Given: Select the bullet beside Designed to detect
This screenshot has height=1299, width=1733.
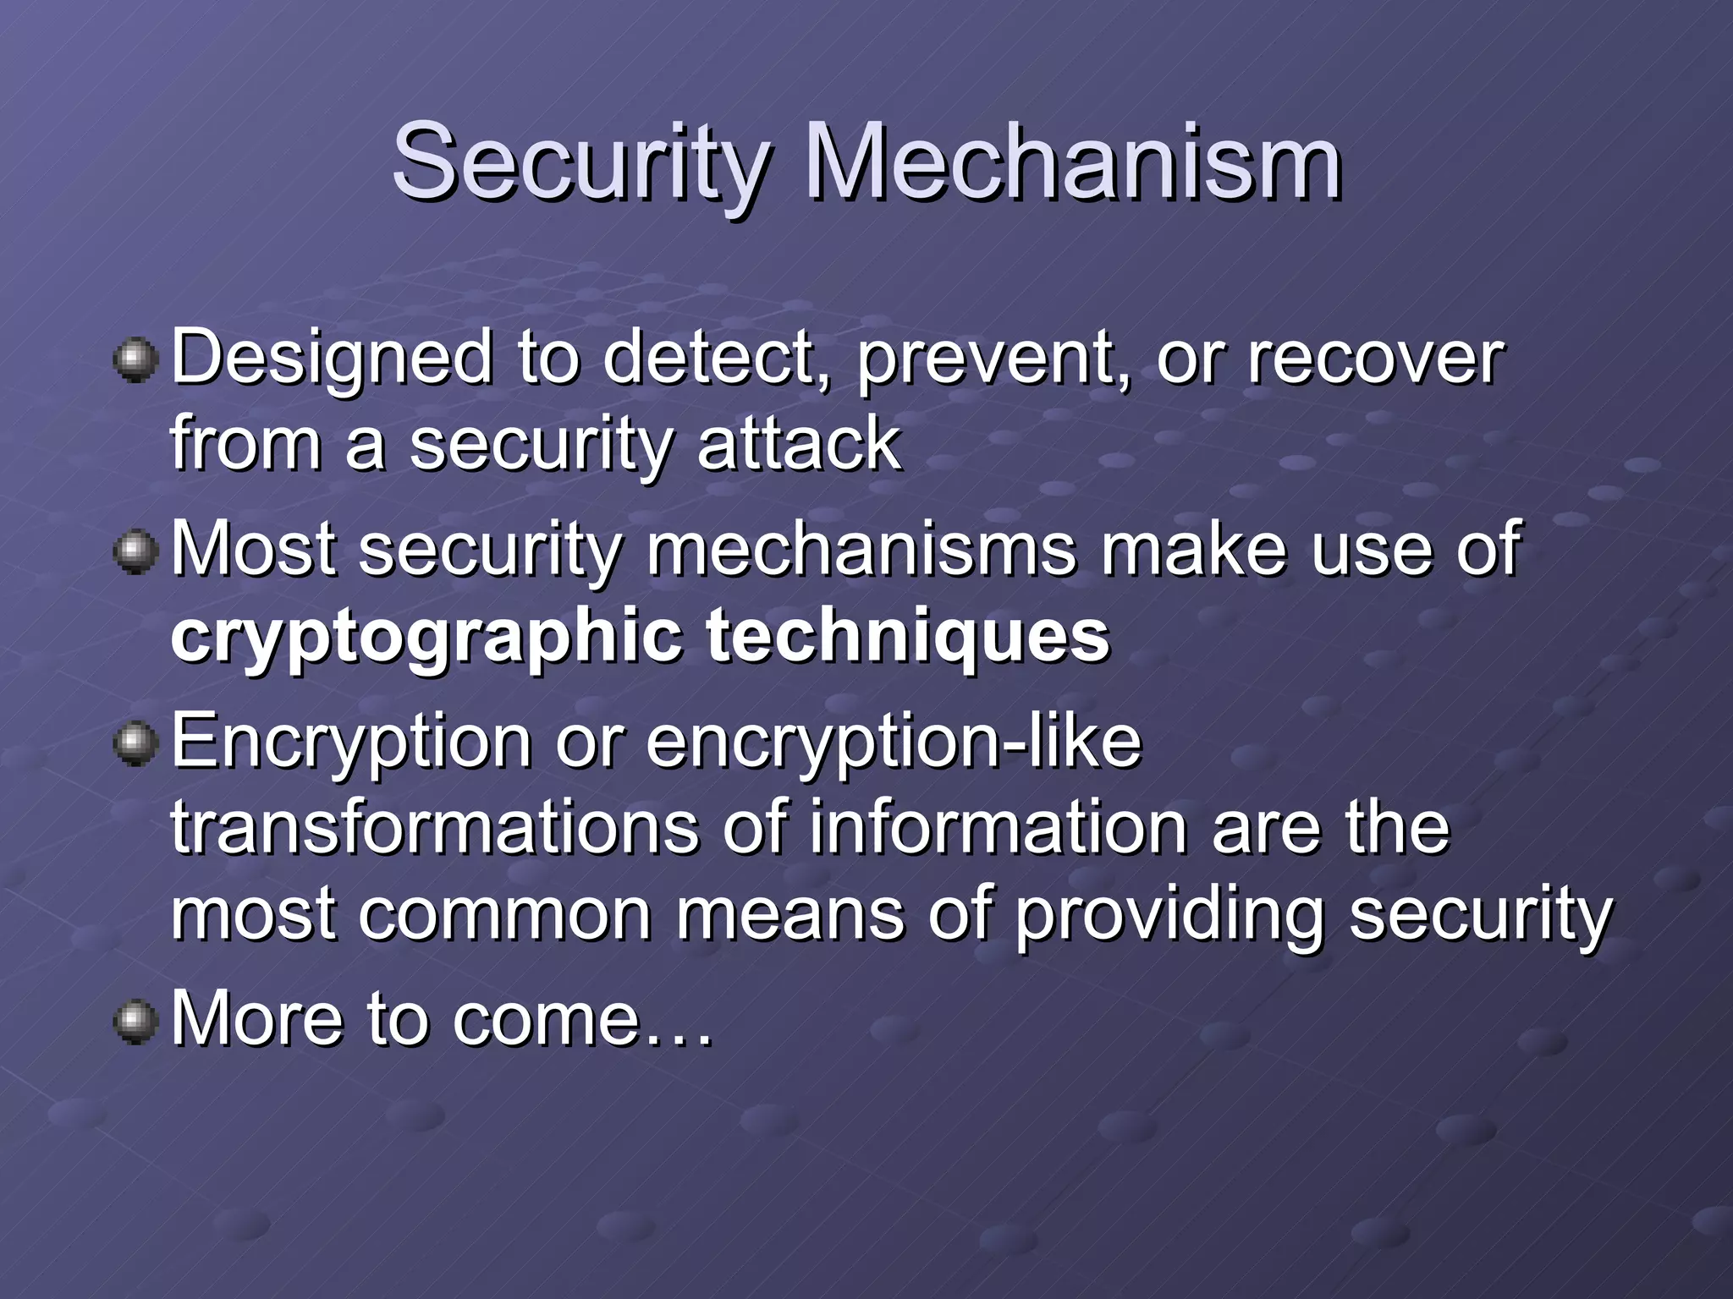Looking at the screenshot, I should (135, 361).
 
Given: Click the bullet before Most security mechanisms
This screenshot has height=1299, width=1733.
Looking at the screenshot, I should (135, 552).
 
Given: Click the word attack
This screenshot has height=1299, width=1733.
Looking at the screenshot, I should (799, 444).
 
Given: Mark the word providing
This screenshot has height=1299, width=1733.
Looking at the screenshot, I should (1169, 915).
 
